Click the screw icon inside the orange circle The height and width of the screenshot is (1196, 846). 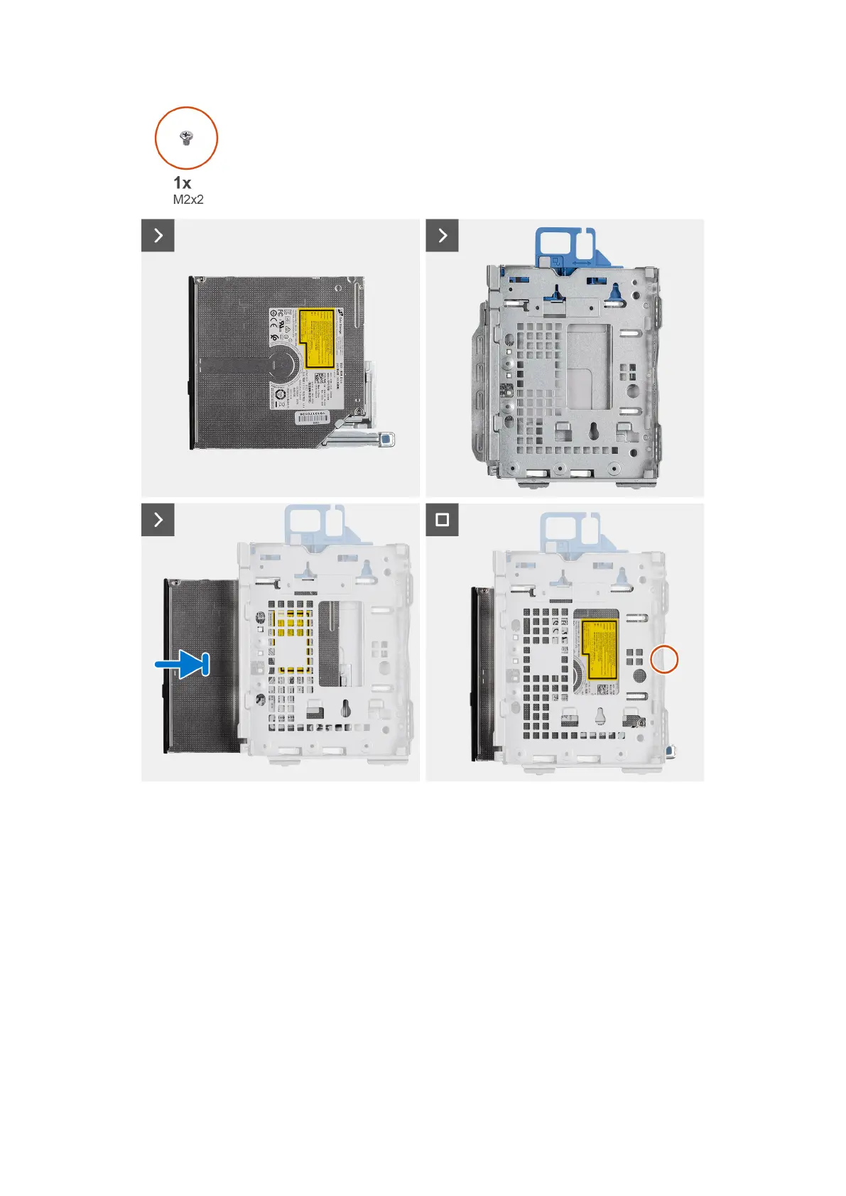(x=187, y=137)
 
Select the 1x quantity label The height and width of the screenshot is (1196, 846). (x=183, y=183)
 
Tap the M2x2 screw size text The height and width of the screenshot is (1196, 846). (x=188, y=200)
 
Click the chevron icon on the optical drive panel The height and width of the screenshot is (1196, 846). (x=158, y=236)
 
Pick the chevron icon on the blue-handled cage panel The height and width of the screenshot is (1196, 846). (x=442, y=236)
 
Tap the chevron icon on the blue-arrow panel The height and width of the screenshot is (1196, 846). (x=158, y=520)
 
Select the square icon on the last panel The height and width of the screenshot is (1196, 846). (x=442, y=520)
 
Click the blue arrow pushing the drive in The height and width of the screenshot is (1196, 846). (x=183, y=665)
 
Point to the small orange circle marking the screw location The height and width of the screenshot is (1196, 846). (x=664, y=660)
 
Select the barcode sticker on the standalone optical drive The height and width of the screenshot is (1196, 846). (x=313, y=418)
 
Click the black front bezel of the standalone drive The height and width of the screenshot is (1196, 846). (x=192, y=363)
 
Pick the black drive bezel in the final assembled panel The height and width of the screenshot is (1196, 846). (x=475, y=674)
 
